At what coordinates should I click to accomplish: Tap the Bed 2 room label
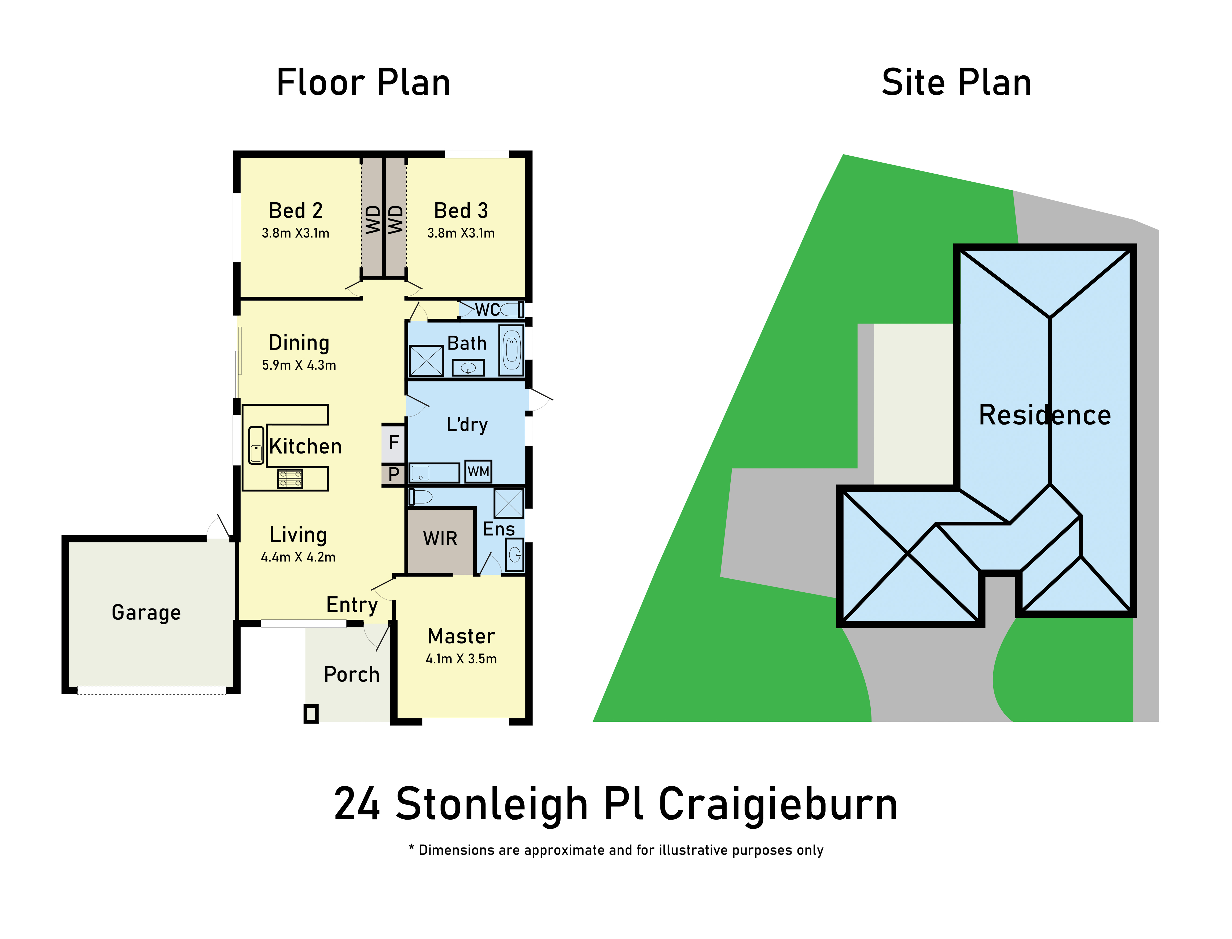coord(296,211)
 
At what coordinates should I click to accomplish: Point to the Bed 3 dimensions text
coord(461,233)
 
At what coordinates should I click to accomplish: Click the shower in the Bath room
coord(426,361)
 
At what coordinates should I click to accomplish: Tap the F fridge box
coord(393,443)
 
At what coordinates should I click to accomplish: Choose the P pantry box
coord(393,475)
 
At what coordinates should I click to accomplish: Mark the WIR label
coord(440,539)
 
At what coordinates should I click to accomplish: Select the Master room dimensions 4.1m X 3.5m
coord(461,659)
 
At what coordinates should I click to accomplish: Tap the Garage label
coord(146,612)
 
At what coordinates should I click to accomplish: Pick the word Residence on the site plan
coord(1045,415)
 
